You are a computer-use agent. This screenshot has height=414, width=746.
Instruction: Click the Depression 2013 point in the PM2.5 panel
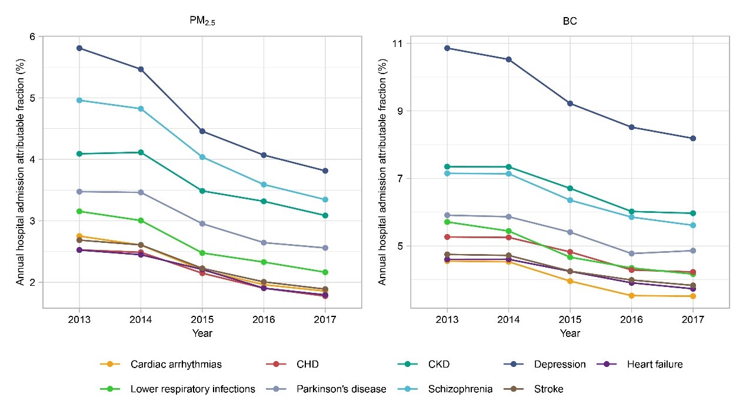[79, 48]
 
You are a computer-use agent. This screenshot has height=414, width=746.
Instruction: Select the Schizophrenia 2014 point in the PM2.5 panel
[141, 109]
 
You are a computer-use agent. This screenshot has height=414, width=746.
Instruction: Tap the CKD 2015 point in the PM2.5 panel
[202, 191]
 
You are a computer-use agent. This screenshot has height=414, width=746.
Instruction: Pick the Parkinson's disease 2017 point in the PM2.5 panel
[325, 248]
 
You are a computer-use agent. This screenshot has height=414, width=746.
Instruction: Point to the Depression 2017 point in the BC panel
[693, 138]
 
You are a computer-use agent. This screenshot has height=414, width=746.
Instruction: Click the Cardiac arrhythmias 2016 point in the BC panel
[631, 295]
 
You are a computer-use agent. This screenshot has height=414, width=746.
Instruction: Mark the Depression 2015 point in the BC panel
[570, 103]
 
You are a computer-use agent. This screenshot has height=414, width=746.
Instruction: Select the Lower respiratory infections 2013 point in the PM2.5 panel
[79, 211]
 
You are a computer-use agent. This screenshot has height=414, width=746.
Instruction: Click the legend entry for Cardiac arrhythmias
[176, 365]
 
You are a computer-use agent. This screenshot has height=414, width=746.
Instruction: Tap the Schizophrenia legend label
[460, 389]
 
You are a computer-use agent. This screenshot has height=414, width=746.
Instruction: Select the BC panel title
[570, 19]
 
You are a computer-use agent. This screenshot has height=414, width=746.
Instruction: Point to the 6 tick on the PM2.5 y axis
[32, 36]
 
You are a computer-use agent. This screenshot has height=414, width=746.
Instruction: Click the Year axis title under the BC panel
[570, 333]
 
